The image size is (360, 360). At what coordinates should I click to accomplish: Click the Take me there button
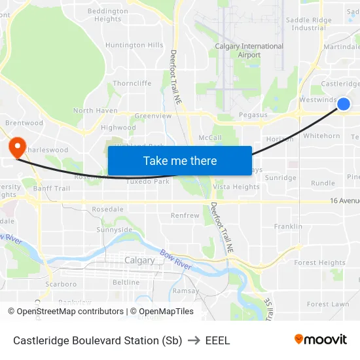180,160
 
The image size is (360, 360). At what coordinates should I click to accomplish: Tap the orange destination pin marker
16,147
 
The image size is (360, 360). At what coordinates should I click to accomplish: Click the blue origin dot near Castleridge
344,104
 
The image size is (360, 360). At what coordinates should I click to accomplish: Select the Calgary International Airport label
249,50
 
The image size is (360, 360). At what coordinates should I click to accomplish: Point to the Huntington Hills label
134,45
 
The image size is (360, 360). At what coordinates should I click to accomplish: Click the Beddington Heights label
108,15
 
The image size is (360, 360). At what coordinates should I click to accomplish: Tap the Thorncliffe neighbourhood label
132,83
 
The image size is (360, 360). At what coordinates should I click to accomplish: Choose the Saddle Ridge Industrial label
308,24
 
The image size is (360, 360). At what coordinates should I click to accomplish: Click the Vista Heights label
236,187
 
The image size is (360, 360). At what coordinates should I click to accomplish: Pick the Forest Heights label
319,262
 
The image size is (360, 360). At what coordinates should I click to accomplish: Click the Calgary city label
139,260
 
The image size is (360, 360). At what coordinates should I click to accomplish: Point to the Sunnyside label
115,230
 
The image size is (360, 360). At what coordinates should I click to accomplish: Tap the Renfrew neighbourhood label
185,215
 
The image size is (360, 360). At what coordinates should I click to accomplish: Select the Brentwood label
24,122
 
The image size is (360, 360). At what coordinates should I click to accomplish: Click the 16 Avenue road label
344,201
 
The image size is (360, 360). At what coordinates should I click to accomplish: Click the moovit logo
320,339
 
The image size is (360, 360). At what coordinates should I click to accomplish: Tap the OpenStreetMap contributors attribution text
70,312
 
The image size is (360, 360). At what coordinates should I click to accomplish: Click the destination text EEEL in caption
218,340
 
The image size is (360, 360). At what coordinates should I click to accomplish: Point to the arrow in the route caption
194,340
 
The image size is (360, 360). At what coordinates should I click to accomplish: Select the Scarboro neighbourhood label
61,284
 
